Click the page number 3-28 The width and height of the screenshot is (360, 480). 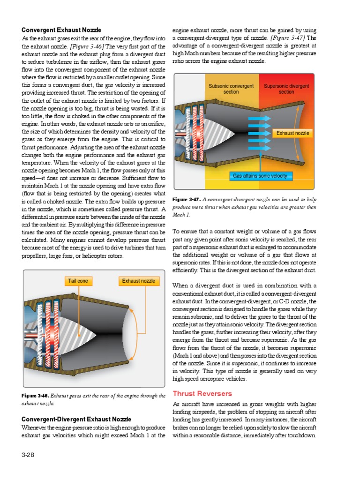pos(28,455)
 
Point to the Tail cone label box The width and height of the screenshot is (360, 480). pos(78,281)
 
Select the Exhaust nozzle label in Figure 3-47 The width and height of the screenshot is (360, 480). pos(292,133)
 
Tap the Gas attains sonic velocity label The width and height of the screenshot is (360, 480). pos(261,176)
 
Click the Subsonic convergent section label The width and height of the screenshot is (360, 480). pos(231,89)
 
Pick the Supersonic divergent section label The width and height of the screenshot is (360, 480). pos(286,89)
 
